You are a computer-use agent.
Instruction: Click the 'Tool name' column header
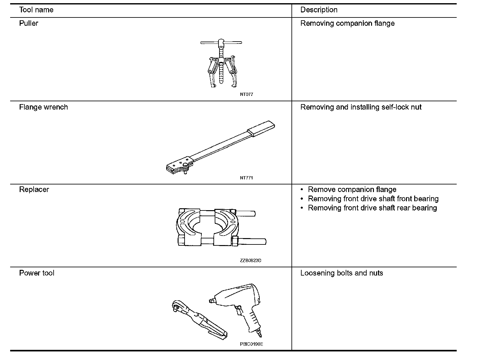[36, 10]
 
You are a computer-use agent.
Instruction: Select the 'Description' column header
[319, 10]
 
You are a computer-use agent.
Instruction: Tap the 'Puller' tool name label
[29, 23]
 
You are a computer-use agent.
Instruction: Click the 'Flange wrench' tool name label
[43, 107]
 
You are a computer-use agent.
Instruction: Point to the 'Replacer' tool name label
[34, 190]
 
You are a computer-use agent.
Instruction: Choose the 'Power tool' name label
[36, 273]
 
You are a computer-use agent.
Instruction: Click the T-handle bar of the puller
[221, 42]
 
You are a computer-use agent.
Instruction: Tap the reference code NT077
[246, 94]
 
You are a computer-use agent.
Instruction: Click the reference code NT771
[246, 178]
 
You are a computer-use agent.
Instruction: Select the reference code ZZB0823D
[251, 261]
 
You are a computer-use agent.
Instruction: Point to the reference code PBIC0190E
[251, 344]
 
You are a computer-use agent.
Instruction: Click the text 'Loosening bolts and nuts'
[342, 273]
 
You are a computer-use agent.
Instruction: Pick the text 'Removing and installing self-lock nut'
[361, 107]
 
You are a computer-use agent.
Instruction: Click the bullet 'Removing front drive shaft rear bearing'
[372, 208]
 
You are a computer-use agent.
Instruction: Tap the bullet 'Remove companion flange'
[352, 190]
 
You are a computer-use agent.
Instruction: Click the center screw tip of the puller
[221, 82]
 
